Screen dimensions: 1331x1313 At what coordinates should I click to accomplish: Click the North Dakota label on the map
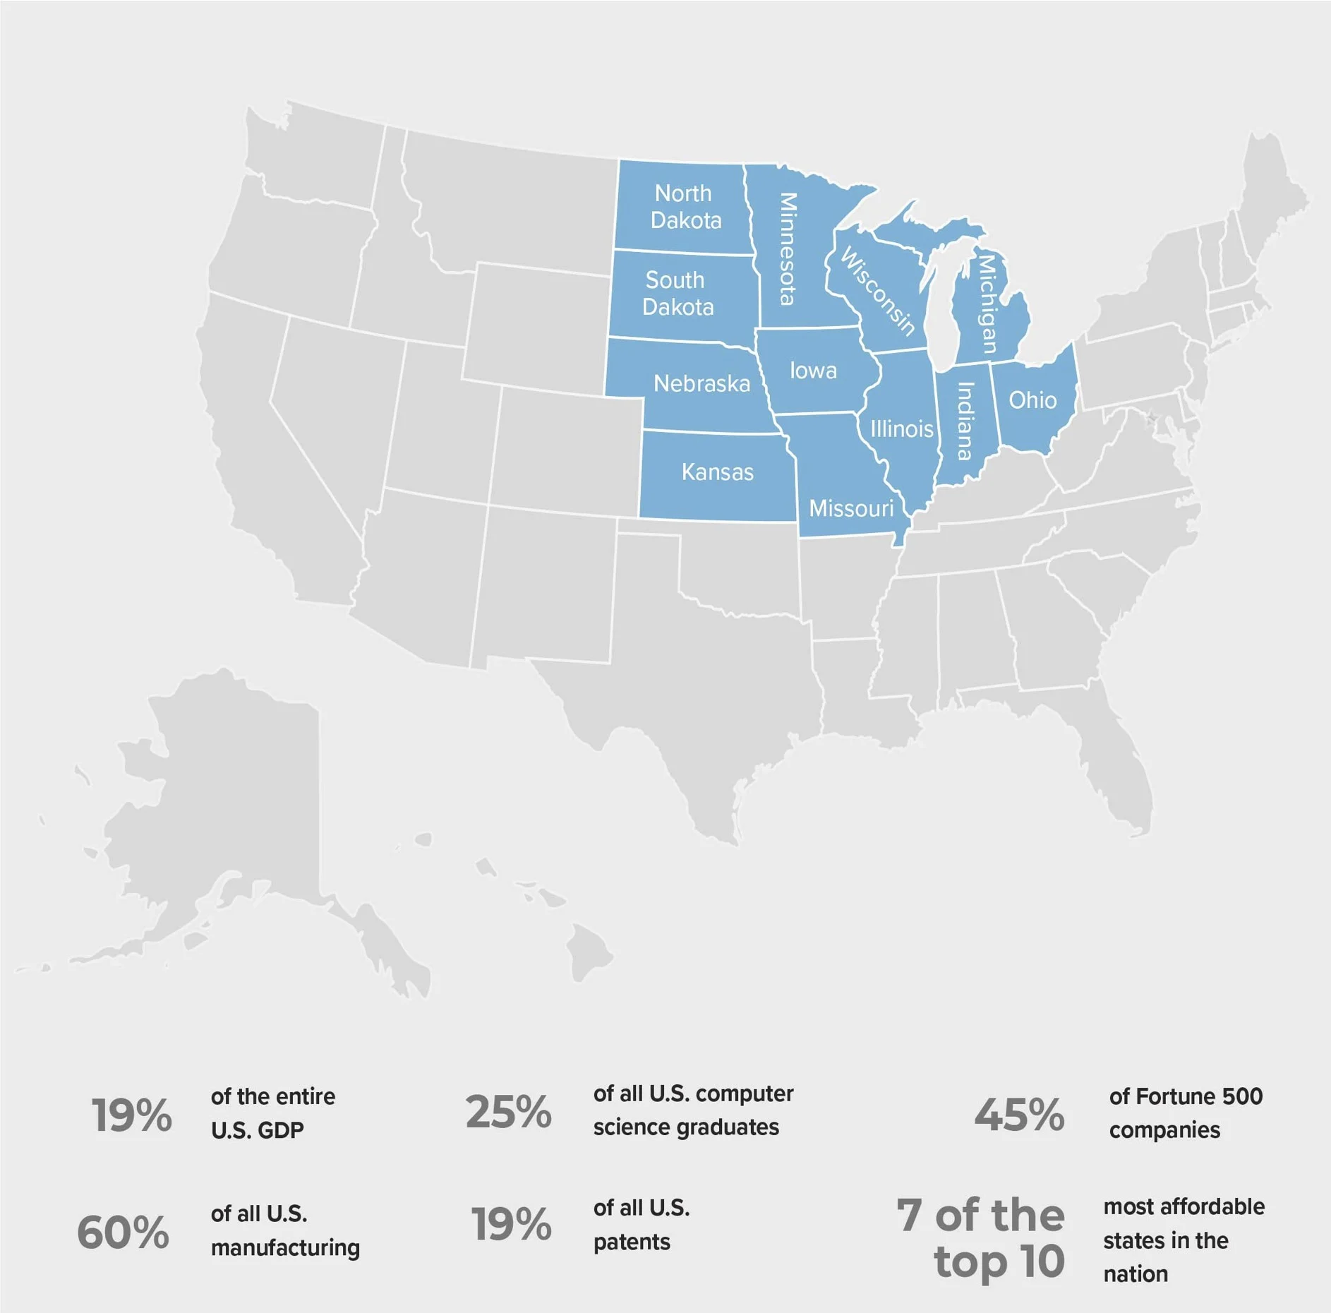[x=685, y=207]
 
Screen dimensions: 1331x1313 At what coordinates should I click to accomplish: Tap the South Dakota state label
[x=677, y=294]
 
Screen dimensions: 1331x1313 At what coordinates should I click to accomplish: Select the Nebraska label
[x=701, y=384]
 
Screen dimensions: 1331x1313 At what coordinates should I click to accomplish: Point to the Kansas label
[x=717, y=472]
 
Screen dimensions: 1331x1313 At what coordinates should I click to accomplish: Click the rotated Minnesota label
[x=787, y=248]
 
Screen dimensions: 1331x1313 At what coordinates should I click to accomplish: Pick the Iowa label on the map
[x=813, y=371]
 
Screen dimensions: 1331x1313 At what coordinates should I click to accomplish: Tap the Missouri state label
[x=851, y=508]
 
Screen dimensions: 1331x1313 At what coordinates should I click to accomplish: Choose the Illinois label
[x=901, y=428]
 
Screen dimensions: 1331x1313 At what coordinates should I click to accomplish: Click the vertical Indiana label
[x=965, y=421]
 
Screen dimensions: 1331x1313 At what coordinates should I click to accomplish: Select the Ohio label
[x=1032, y=400]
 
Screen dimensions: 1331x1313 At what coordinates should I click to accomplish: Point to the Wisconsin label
[x=878, y=291]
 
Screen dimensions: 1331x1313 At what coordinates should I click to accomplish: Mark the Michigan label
[x=987, y=304]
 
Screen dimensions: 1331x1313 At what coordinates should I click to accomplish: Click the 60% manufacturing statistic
[x=124, y=1233]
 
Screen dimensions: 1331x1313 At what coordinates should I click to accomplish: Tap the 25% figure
[x=508, y=1112]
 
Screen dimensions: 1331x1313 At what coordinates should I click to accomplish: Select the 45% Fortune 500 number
[x=1019, y=1115]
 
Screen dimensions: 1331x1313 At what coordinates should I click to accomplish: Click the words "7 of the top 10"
[x=981, y=1237]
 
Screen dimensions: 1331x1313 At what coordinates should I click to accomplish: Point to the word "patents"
[x=632, y=1242]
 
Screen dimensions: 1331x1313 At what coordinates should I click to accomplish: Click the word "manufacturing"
[x=285, y=1247]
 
